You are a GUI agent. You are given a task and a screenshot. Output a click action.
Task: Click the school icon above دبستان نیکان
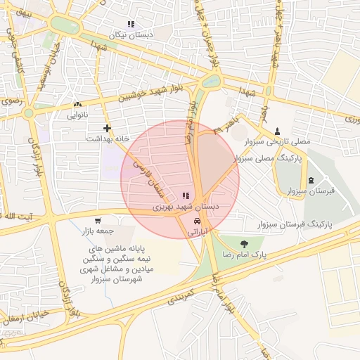tap(131, 25)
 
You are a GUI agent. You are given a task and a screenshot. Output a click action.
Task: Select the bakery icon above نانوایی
tap(77, 105)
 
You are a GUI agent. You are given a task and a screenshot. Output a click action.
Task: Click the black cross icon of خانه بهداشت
tap(107, 128)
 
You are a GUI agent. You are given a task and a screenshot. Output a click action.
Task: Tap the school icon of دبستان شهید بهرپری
tap(186, 196)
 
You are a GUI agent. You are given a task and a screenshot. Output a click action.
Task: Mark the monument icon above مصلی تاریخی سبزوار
tap(276, 131)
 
